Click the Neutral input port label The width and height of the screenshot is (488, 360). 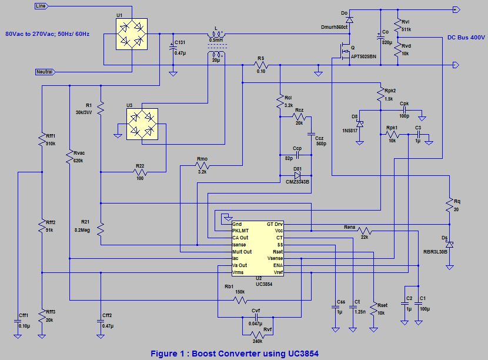(x=44, y=72)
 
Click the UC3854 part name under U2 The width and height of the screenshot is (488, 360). (x=264, y=284)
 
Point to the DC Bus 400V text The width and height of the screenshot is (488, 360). (x=466, y=37)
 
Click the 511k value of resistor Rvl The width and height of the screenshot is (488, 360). (x=406, y=29)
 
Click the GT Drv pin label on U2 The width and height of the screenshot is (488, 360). (x=275, y=224)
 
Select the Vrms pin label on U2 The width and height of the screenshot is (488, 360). (x=239, y=272)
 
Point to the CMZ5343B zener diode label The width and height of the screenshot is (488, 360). (x=297, y=182)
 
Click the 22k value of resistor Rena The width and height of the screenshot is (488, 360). (x=365, y=236)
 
